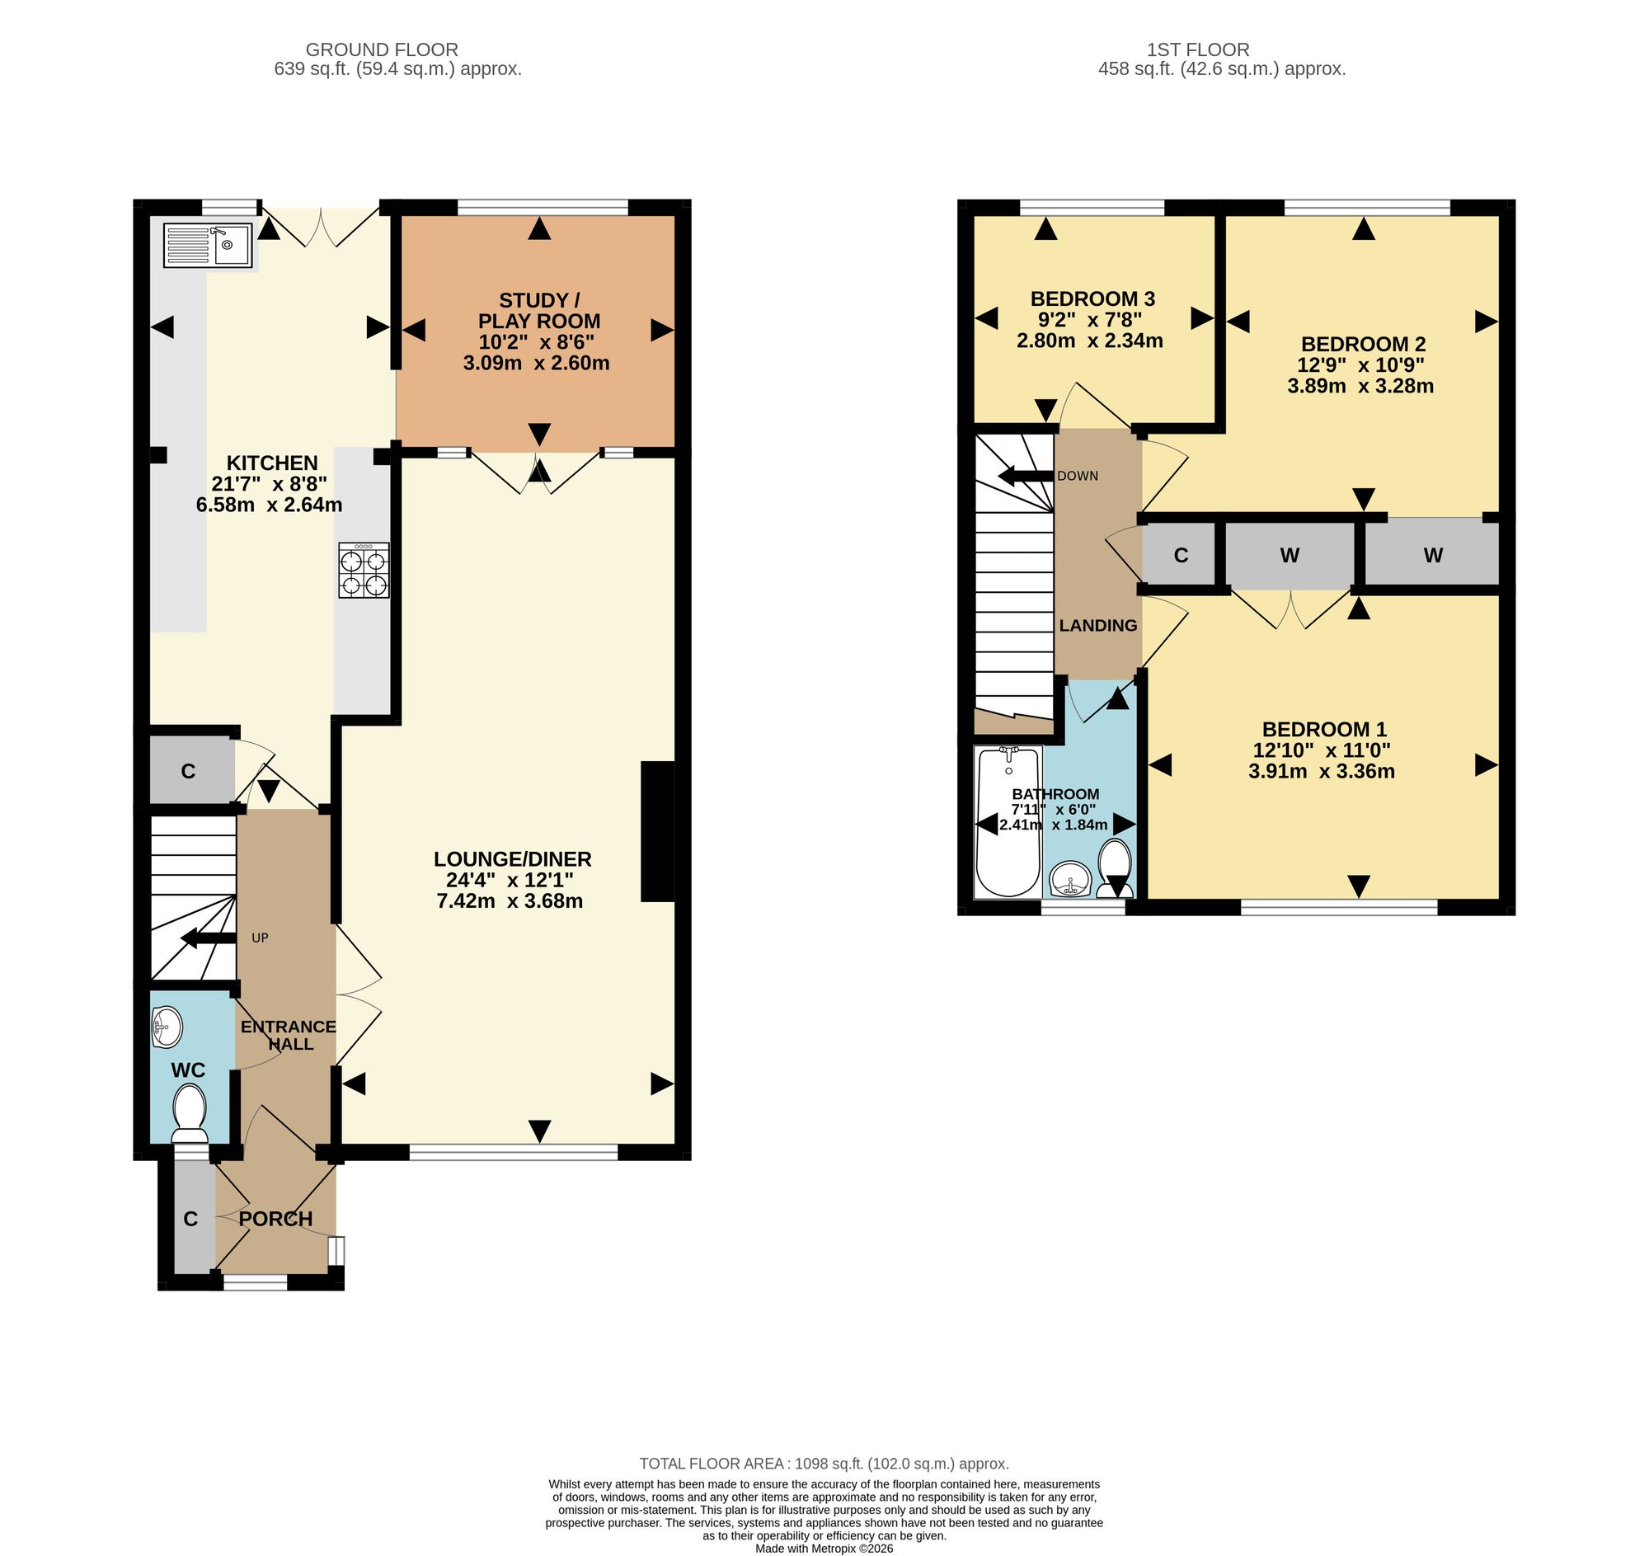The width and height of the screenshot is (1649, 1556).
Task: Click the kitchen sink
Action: (x=208, y=245)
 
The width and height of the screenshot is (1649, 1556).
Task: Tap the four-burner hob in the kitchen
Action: (x=364, y=570)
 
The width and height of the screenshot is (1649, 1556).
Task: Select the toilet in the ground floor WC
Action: (x=190, y=1114)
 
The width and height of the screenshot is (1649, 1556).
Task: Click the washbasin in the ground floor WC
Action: (x=167, y=1027)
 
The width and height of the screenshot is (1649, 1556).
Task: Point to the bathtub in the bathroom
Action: (x=1008, y=821)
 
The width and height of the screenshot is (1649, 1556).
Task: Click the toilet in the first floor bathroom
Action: (x=1115, y=868)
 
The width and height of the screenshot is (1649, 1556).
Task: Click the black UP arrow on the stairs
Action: (x=209, y=939)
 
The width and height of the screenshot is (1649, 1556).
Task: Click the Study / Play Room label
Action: (x=539, y=310)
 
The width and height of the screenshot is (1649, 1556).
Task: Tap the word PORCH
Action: (x=275, y=1219)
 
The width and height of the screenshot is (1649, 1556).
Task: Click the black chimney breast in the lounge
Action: (x=658, y=830)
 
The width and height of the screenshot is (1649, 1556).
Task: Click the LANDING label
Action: (x=1098, y=625)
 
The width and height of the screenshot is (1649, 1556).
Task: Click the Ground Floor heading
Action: (x=382, y=49)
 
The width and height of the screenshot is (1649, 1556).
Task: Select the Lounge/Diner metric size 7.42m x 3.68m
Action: (x=510, y=900)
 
